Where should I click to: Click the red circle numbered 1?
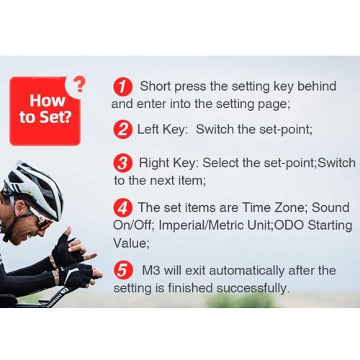(x=122, y=86)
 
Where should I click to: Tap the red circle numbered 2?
(x=122, y=130)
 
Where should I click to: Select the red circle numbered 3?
(x=122, y=163)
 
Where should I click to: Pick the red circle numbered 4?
(x=122, y=208)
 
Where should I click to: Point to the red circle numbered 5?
(x=122, y=271)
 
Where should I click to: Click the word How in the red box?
(x=48, y=101)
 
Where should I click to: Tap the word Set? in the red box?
(x=55, y=117)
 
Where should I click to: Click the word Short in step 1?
(x=156, y=86)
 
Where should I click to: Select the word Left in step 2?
(x=148, y=130)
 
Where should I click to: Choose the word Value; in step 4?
(x=131, y=243)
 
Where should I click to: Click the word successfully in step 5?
(x=253, y=288)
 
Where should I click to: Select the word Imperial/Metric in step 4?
(x=202, y=225)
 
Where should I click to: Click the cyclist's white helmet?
(x=34, y=186)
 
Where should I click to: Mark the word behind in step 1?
(x=317, y=86)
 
